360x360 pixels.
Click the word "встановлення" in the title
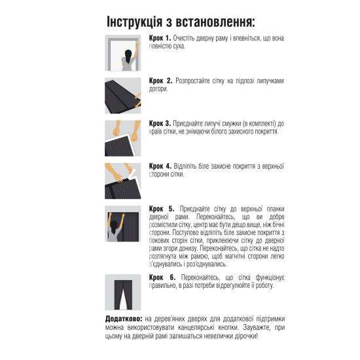pos(225,21)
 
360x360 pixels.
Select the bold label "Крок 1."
pos(160,39)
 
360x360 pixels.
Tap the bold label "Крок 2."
pos(161,81)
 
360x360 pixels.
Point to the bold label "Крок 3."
pos(161,122)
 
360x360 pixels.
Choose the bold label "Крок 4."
pos(161,166)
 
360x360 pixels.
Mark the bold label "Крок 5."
pos(161,207)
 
